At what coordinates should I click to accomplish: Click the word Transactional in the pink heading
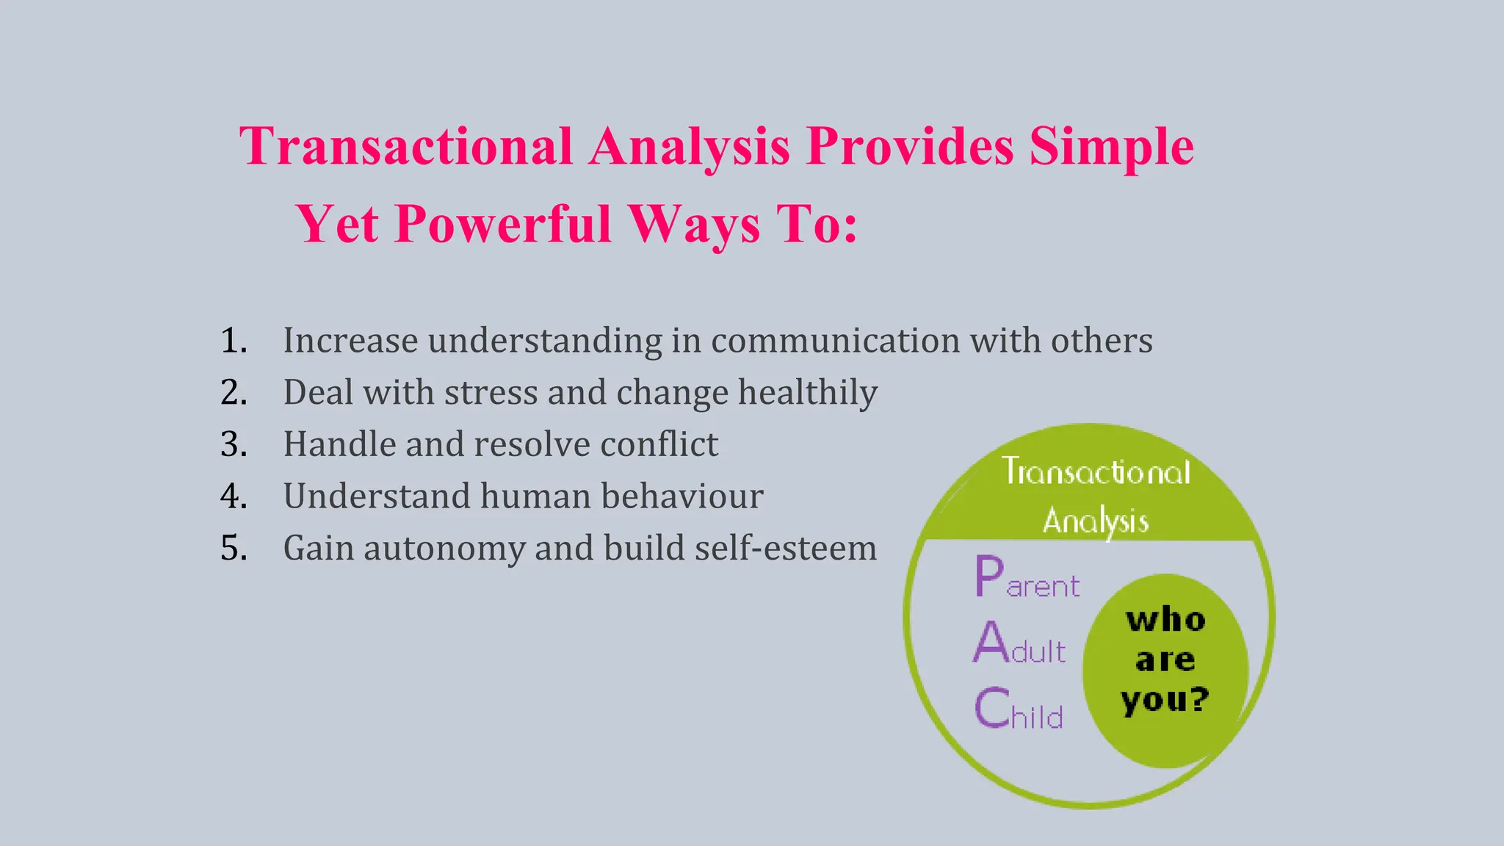406,146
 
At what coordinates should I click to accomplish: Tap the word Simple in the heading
1111,146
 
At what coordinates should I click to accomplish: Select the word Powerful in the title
503,224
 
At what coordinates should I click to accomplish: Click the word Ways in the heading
694,224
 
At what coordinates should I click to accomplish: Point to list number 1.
234,341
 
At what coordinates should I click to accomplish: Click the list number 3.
234,444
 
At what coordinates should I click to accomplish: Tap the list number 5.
234,549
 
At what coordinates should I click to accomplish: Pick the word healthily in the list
808,392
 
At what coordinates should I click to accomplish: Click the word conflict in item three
659,444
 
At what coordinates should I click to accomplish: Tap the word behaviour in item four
682,496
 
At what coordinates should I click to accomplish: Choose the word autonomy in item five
444,549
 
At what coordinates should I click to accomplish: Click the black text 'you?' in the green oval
1165,700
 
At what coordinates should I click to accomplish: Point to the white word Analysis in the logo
1095,521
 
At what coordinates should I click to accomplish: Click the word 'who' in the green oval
1165,621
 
